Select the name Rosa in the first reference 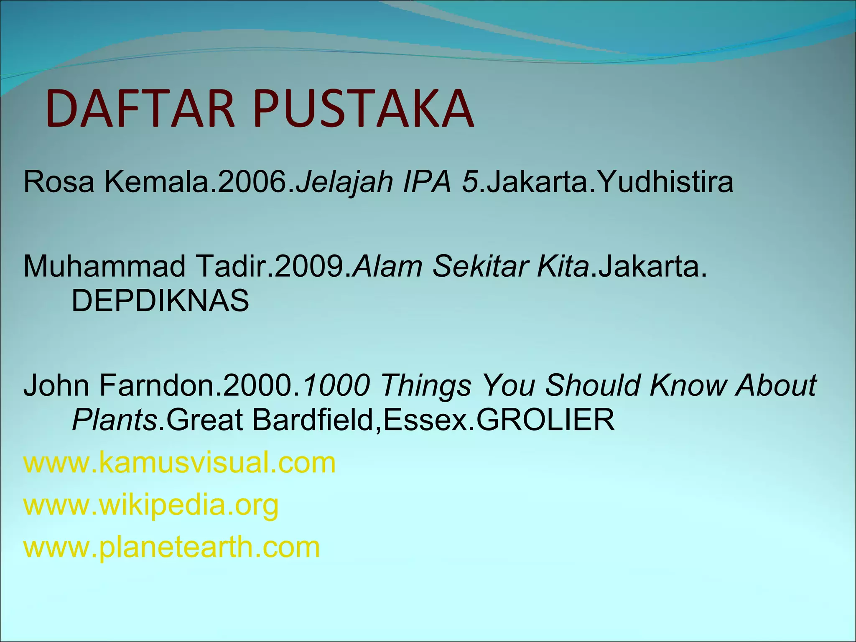(x=59, y=182)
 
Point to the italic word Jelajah (x=344, y=182)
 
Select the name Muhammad (x=104, y=267)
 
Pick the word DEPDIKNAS (x=160, y=301)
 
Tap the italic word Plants (x=114, y=420)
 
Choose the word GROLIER (x=545, y=420)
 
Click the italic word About (x=776, y=385)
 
